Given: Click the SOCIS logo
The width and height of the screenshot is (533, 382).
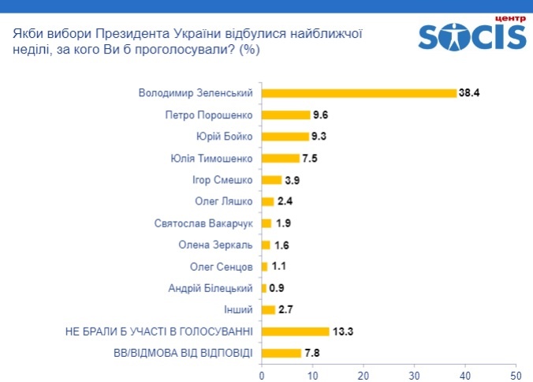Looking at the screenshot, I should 471,34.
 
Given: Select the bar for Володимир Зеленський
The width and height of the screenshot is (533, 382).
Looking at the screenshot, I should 359,92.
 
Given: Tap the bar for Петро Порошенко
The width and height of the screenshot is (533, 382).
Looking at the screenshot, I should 285,114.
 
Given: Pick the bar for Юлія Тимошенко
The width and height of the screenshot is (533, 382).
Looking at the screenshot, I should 280,158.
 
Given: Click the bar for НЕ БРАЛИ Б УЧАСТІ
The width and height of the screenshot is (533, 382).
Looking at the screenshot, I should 295,331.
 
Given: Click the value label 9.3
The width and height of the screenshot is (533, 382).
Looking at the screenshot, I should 319,136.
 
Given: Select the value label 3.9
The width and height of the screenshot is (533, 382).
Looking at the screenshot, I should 292,179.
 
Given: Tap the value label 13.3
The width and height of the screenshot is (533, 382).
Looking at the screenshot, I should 341,331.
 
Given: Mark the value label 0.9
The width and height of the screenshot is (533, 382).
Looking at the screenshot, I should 277,287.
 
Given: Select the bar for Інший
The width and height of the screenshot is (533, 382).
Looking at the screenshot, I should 268,309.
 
